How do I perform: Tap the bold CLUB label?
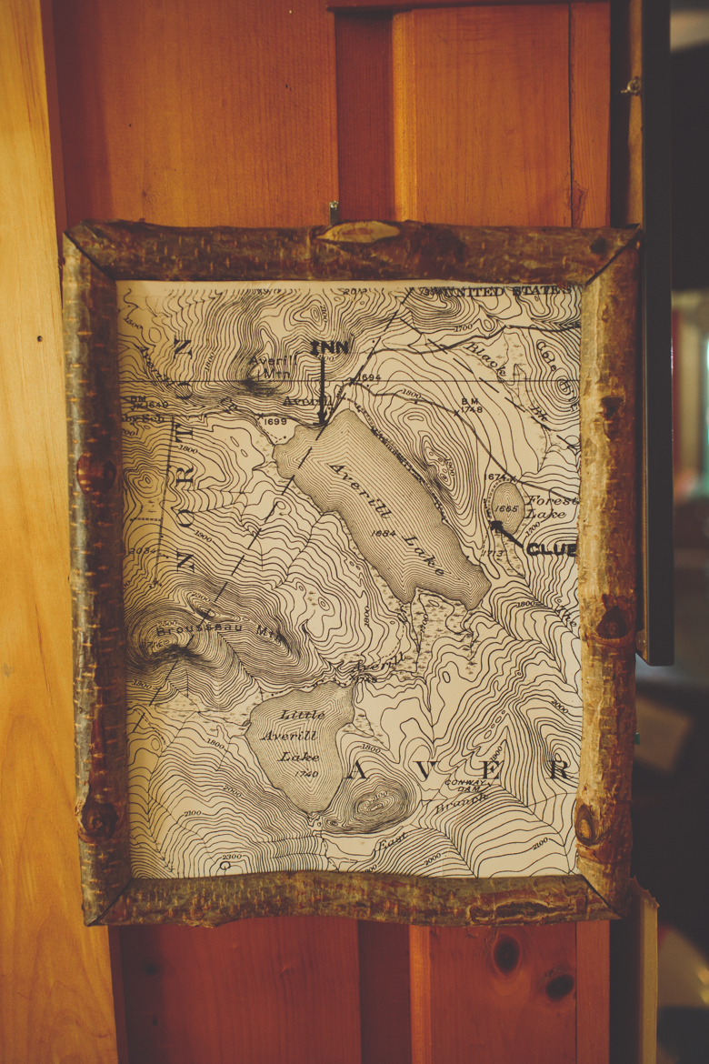(551, 549)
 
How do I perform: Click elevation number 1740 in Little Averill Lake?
(307, 773)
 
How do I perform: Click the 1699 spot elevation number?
(274, 421)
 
